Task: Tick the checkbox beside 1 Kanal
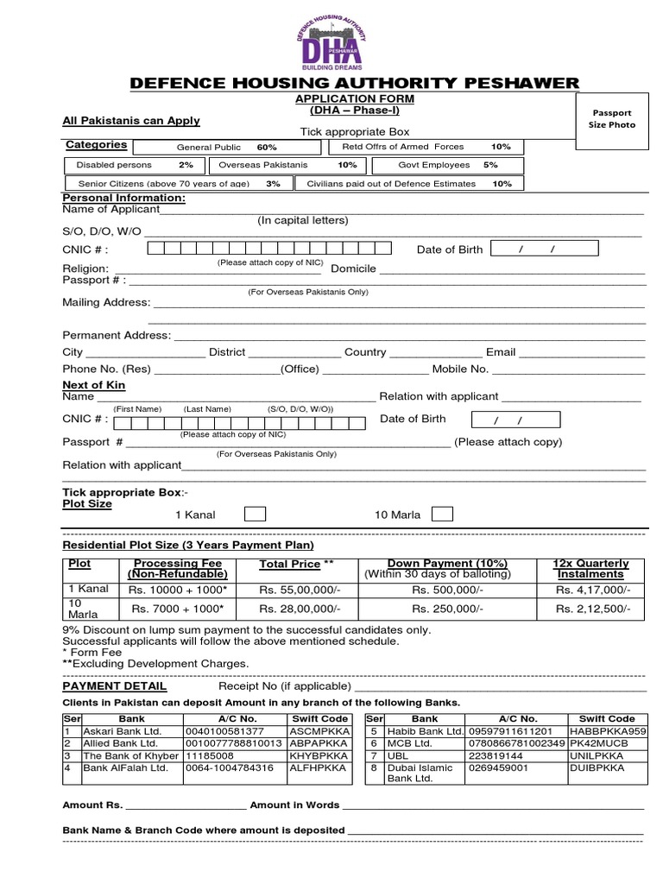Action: coord(255,515)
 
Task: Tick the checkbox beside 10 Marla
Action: coord(441,515)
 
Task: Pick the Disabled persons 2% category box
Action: coord(134,165)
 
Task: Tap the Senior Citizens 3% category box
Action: coord(178,184)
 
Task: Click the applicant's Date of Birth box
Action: coord(544,249)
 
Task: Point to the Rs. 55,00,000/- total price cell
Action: coord(295,590)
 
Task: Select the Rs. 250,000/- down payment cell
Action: coord(437,609)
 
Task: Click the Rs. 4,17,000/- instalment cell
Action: coord(592,590)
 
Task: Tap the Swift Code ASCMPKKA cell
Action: coord(319,731)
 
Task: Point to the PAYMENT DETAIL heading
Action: coord(115,686)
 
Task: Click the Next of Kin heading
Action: coord(94,385)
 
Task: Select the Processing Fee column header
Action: coord(175,569)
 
